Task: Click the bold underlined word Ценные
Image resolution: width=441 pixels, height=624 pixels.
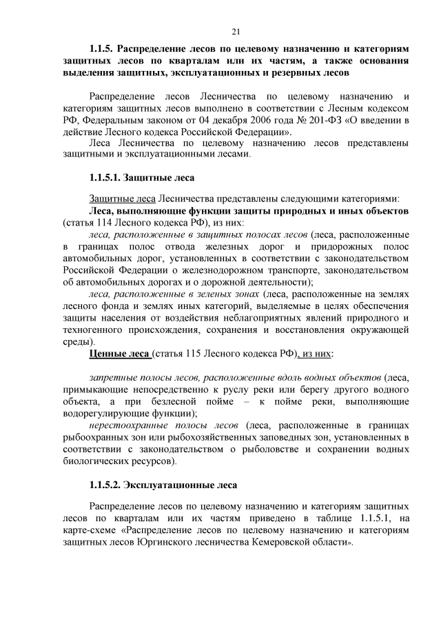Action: click(x=107, y=354)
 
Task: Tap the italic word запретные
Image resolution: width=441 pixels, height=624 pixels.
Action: click(x=111, y=378)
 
